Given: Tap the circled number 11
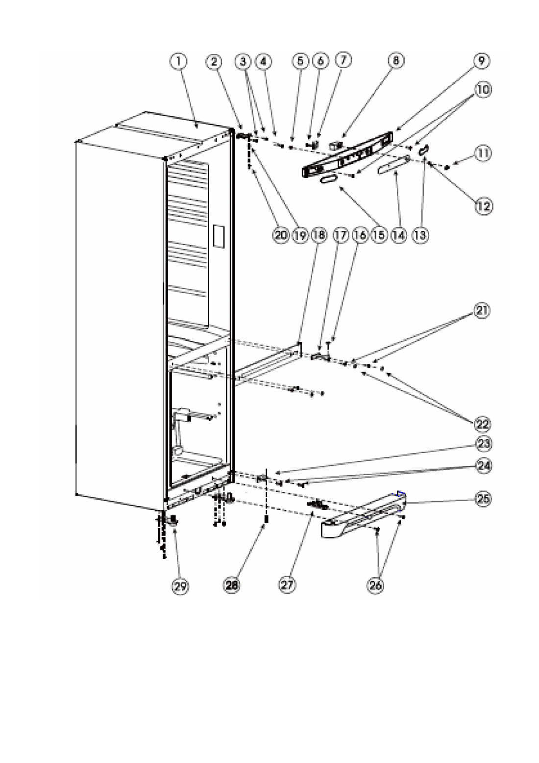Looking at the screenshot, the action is click(483, 154).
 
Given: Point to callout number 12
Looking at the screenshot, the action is click(484, 206).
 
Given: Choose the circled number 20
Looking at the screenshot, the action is click(281, 235).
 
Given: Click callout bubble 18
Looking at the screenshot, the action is click(319, 235).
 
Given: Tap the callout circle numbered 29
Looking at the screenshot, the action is click(180, 586).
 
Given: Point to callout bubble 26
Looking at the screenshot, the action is click(375, 585).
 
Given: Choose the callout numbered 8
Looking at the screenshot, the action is click(396, 61).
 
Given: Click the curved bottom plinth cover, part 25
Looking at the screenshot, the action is click(364, 515).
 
